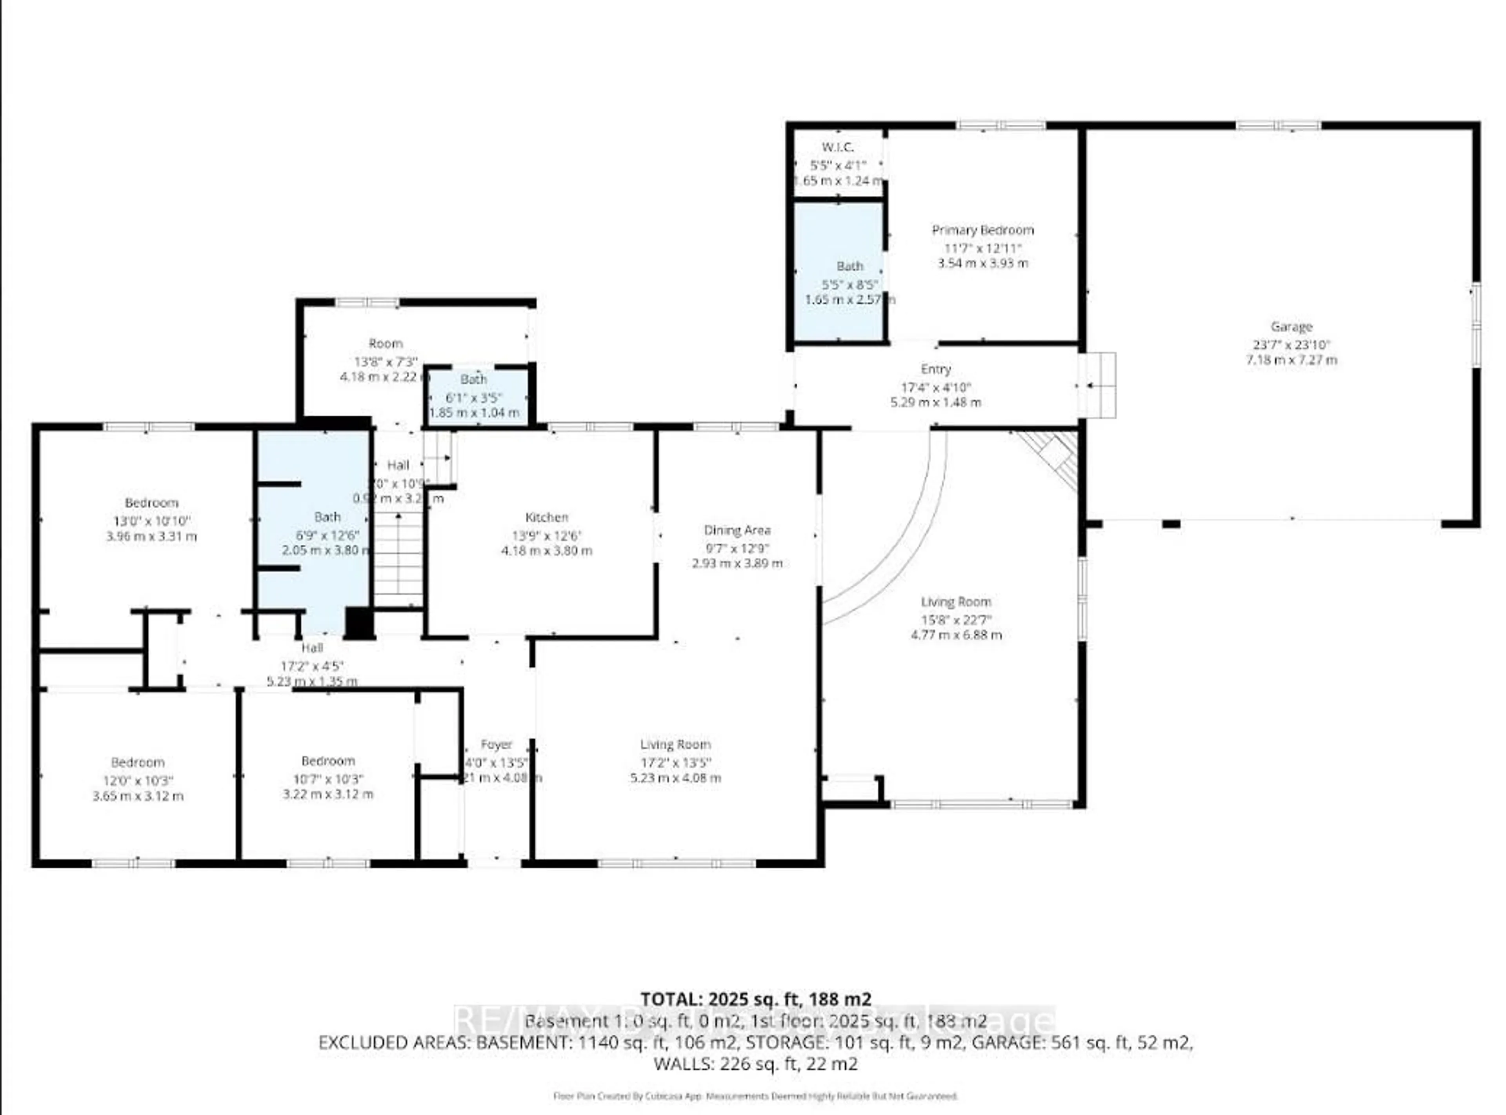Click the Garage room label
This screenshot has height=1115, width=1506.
tap(1291, 327)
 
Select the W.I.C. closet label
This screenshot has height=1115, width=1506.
tap(837, 147)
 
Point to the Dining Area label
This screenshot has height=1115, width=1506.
tap(737, 531)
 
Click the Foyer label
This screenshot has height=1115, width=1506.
tap(496, 744)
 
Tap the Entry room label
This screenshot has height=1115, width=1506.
tap(935, 369)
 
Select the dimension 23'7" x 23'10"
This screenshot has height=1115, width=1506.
tap(1291, 344)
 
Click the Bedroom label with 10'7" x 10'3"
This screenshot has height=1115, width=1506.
tap(328, 761)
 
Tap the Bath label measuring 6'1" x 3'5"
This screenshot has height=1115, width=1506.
tap(474, 379)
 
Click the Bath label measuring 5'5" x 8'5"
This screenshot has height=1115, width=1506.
tap(849, 267)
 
